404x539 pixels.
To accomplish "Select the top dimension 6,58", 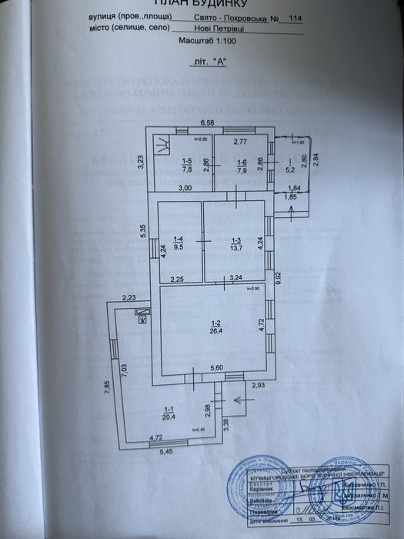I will click(208, 122).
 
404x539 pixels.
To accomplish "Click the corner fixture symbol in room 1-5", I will click(162, 143).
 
